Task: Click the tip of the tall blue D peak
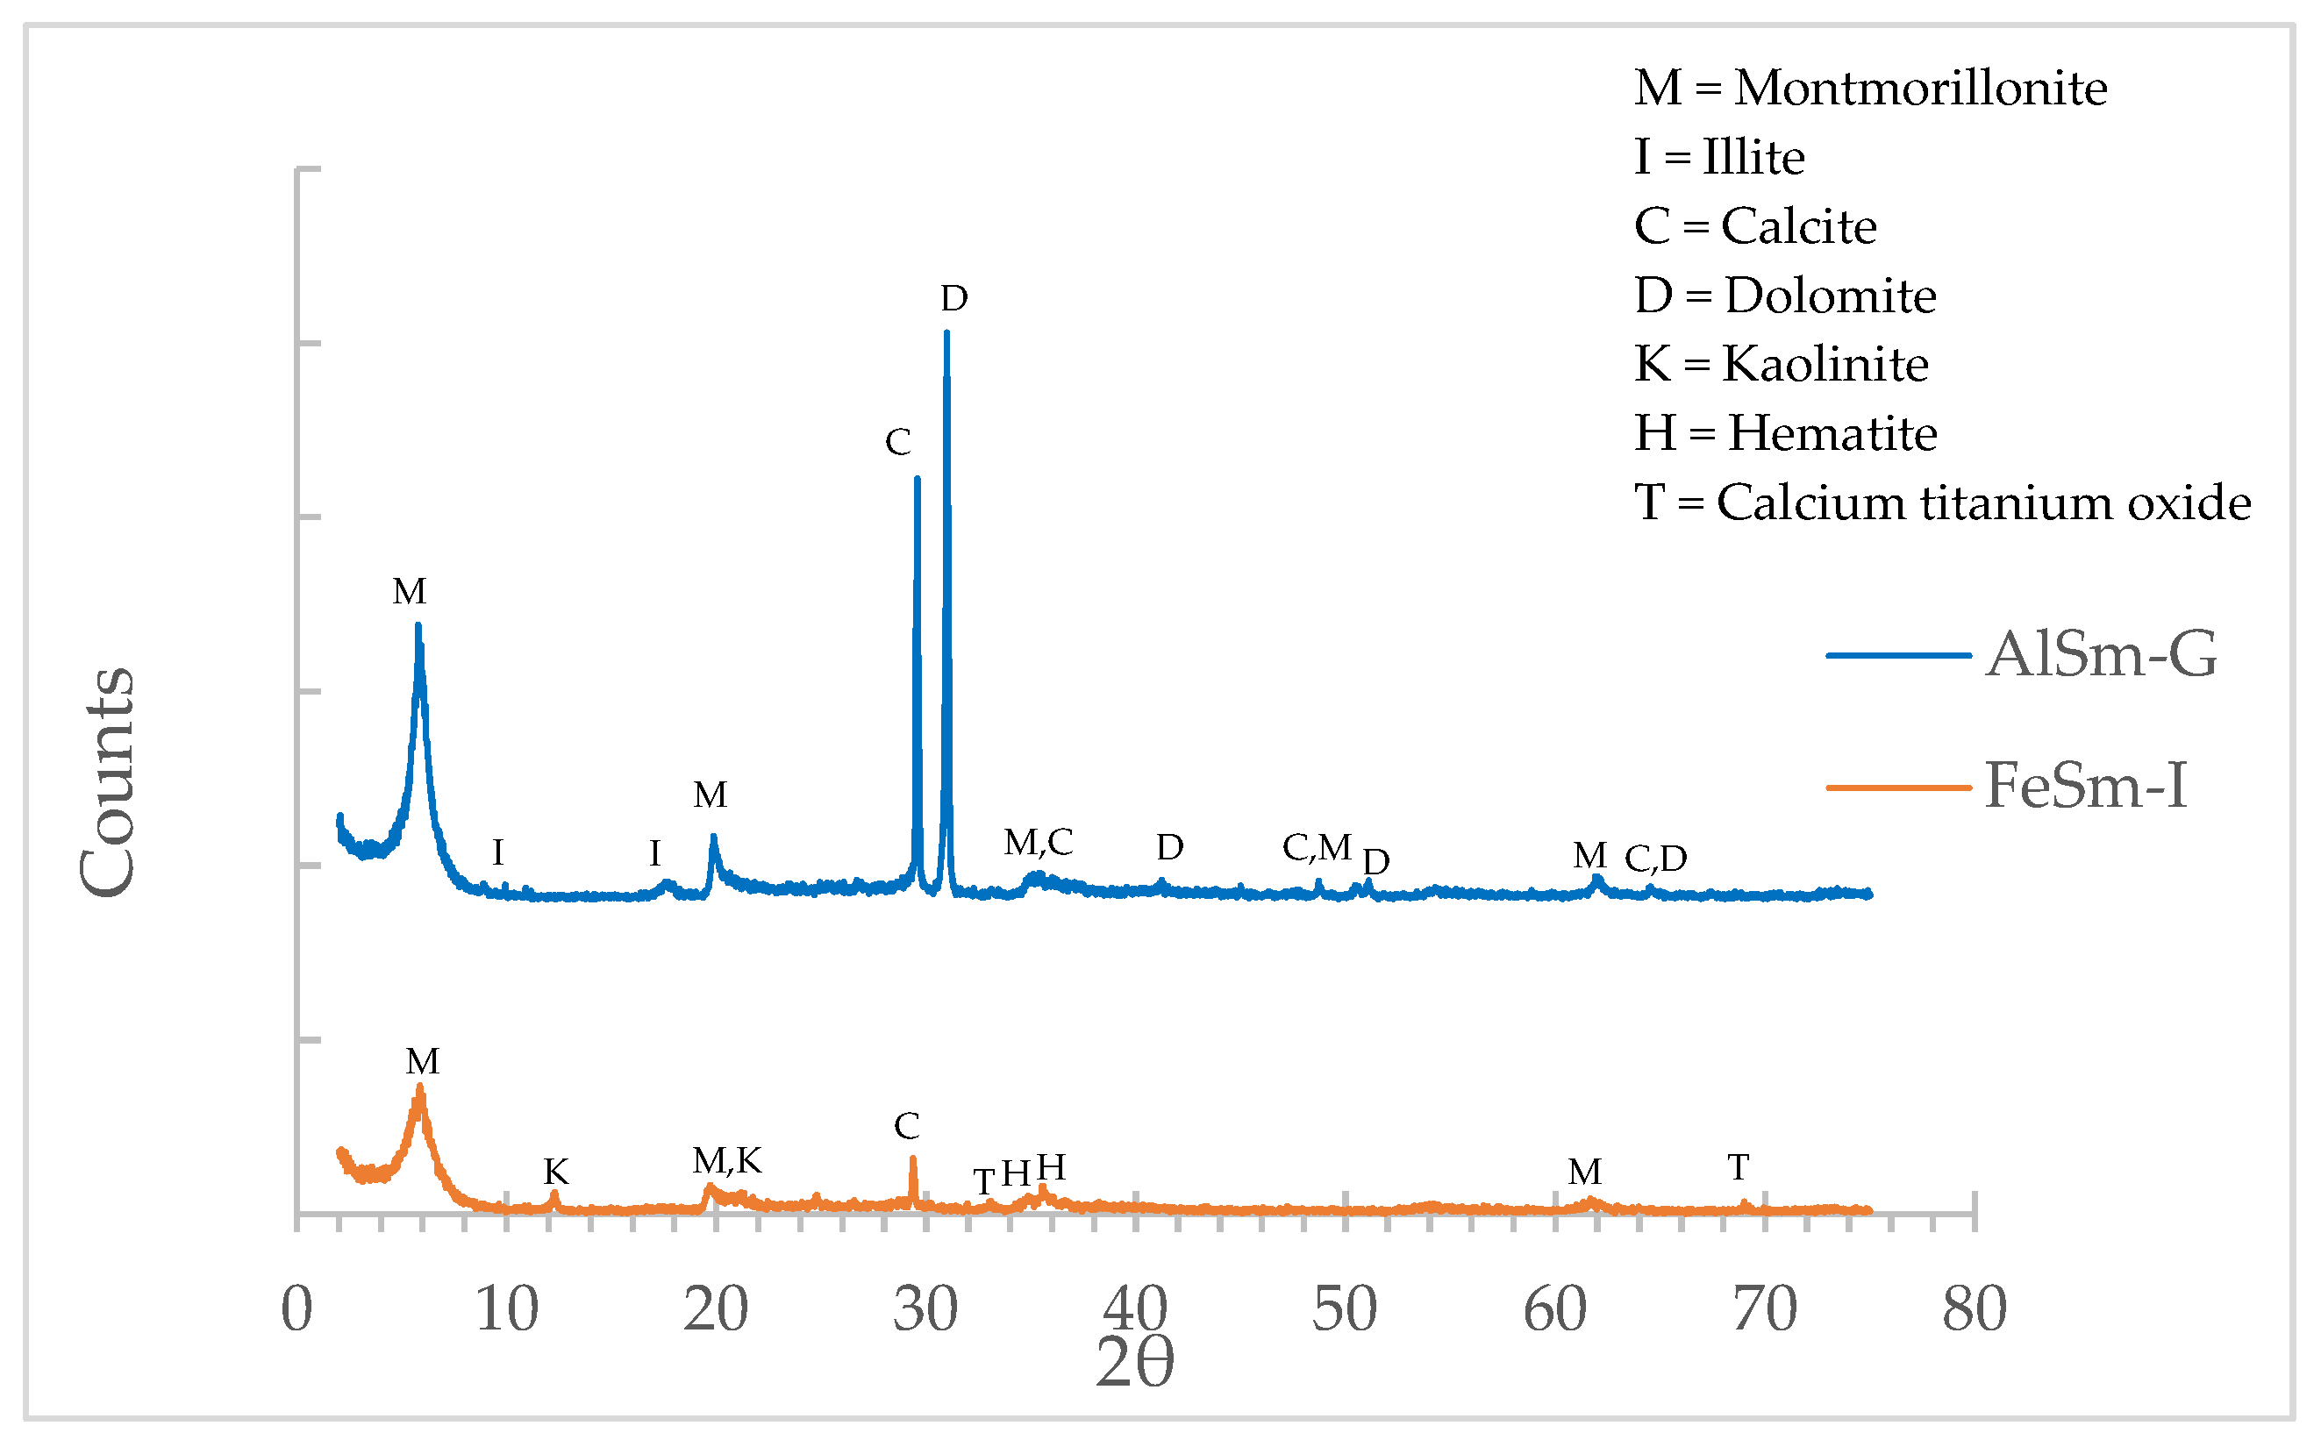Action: [946, 333]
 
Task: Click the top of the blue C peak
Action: [917, 479]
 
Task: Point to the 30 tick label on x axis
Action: [925, 1309]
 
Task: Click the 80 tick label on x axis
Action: [1975, 1309]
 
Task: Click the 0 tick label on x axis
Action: [296, 1309]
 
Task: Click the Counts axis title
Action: [107, 782]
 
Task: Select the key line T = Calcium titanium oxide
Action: [1941, 503]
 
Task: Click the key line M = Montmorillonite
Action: [1869, 88]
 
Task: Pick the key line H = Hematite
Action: [1785, 433]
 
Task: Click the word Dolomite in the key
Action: [1830, 296]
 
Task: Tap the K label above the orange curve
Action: [556, 1172]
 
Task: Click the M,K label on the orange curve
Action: [727, 1161]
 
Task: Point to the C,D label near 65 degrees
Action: [1655, 859]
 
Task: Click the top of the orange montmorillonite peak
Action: [419, 1088]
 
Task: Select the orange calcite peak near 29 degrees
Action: [912, 1160]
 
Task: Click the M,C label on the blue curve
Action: [1039, 842]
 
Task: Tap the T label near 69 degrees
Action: [1738, 1167]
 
